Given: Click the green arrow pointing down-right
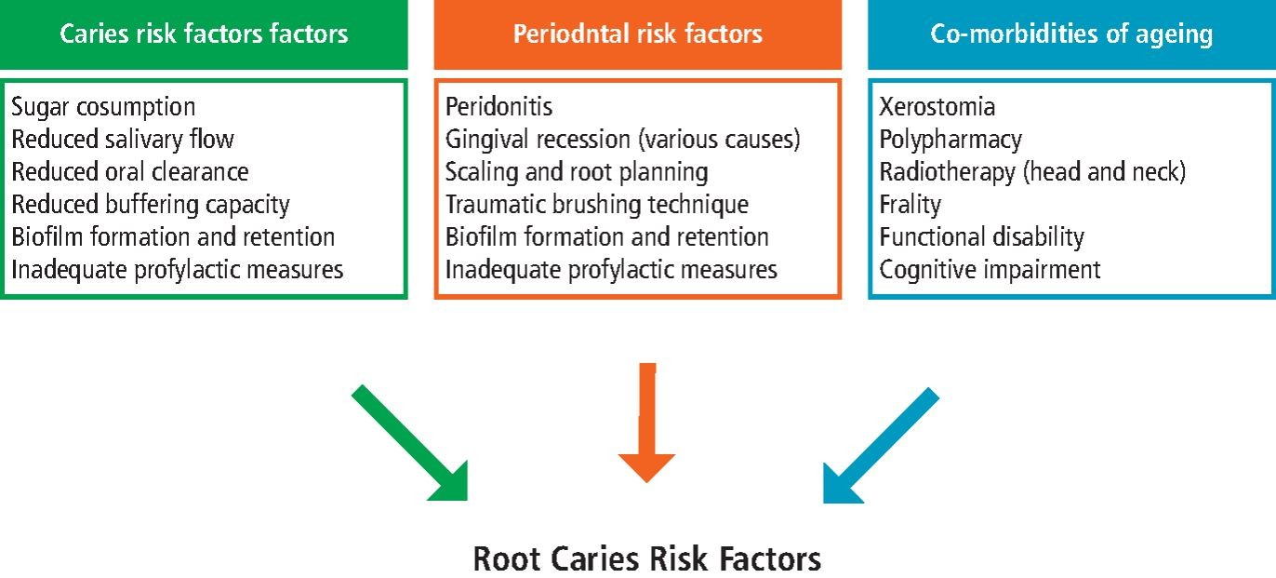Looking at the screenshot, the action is pos(410,443).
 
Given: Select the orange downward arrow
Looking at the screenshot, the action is pos(647,423).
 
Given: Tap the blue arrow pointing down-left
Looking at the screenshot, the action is pos(881,446).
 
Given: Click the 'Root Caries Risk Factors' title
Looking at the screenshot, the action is pos(647,558).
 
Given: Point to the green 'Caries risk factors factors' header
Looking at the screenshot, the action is pos(204,34).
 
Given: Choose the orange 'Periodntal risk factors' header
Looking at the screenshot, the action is pos(637,34).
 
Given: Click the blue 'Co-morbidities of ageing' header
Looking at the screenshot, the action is pos(1071,34).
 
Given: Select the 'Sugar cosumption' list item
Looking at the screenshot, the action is pos(103,107).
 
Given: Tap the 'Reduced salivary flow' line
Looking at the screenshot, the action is pos(123,140).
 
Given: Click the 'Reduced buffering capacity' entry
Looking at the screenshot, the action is pos(151,205).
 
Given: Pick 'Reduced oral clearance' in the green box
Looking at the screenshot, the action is pos(130,172).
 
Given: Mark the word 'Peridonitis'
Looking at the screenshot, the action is pos(499,107).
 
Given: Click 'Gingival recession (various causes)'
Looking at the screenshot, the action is pos(622,140).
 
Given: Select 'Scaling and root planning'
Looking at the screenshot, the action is pos(577,172).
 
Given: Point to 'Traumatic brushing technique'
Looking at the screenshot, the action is pos(597,205).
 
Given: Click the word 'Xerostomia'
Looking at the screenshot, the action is pos(937,107).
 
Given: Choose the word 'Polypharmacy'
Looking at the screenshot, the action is pos(950,140).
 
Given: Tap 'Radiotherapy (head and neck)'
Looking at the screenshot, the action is pos(1032,172).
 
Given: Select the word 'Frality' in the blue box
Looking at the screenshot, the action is pos(910,205).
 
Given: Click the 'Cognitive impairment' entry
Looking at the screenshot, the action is pos(990,270).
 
